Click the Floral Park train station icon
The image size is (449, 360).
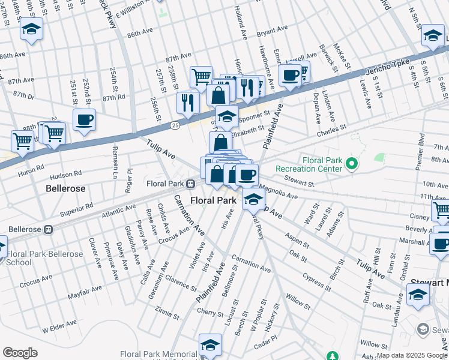(190, 183)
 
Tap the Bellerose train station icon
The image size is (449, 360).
(49, 229)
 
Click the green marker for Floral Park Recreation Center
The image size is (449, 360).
(352, 163)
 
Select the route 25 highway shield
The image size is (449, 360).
(175, 125)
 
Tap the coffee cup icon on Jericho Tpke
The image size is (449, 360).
(291, 76)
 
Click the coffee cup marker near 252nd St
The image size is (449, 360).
(84, 119)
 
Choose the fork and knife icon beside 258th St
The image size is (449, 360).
(188, 102)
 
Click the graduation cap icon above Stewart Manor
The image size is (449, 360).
(418, 295)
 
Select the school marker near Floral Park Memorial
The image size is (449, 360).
(210, 344)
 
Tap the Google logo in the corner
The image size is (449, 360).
(20, 353)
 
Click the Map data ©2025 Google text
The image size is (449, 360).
(412, 355)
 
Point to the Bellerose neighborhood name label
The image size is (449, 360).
(65, 188)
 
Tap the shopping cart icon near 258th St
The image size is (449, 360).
(201, 77)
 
